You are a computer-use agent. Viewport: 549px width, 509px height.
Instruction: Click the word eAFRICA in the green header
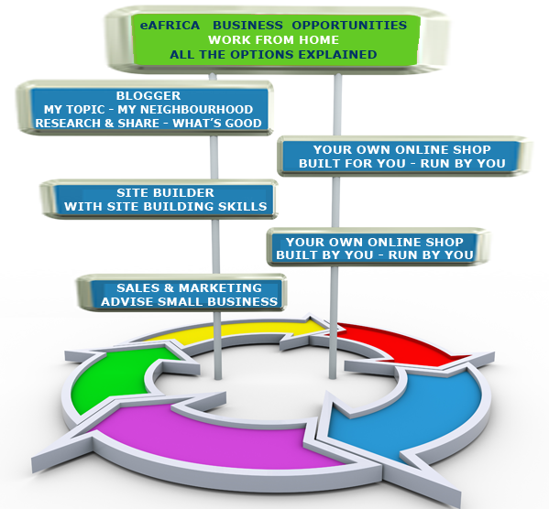click(170, 26)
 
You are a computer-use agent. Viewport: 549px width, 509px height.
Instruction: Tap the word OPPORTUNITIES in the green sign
click(349, 26)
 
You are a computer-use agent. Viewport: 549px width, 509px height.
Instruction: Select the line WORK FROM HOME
click(273, 40)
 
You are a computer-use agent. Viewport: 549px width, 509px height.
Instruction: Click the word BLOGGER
click(148, 96)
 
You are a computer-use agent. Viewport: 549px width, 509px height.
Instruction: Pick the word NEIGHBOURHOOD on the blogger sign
click(185, 110)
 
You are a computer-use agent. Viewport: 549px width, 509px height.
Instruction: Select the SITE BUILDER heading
click(165, 193)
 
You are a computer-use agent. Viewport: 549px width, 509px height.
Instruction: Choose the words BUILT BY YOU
click(324, 255)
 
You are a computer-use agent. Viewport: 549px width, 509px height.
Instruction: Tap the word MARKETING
click(220, 287)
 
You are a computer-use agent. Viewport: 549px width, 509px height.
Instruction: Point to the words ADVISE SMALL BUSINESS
click(189, 301)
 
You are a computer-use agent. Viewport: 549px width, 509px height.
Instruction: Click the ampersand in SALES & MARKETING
click(169, 287)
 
